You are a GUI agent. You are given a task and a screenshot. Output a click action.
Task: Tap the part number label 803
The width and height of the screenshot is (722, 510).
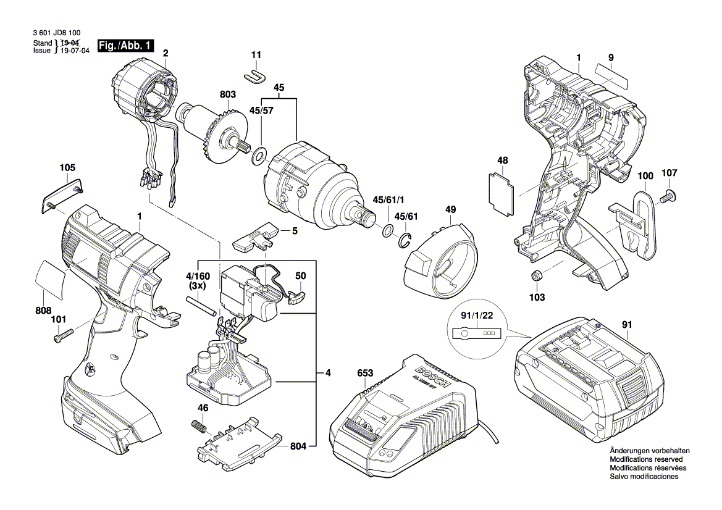tap(228, 94)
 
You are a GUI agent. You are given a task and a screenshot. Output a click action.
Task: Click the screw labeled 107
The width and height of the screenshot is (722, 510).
tap(667, 197)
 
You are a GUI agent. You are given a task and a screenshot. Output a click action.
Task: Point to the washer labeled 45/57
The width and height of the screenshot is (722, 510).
tap(259, 152)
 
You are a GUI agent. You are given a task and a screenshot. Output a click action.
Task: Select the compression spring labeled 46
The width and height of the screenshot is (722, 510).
tap(197, 426)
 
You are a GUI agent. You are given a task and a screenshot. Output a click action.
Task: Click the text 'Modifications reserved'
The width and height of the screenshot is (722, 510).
tap(646, 459)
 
